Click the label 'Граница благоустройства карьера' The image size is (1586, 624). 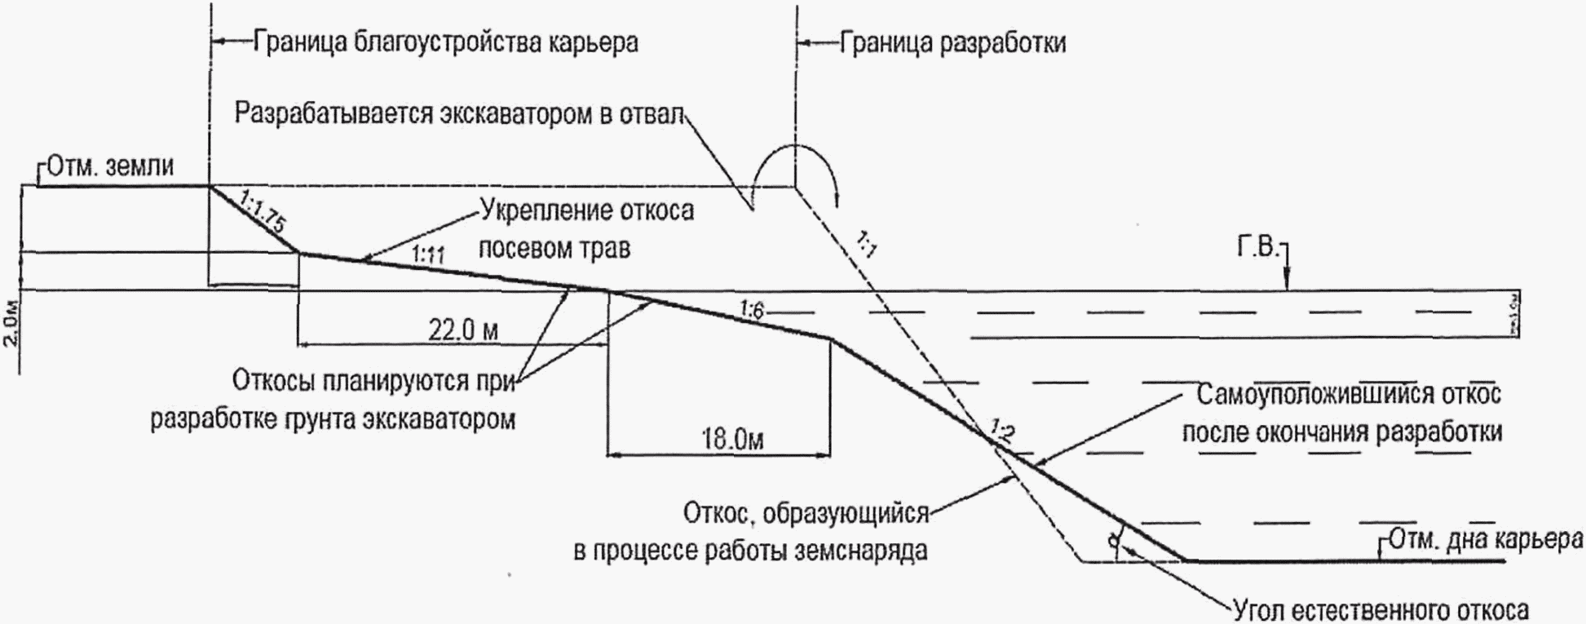445,42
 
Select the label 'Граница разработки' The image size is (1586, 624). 952,42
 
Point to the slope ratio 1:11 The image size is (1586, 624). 427,254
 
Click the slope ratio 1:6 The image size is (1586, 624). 752,309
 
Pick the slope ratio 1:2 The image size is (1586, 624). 1003,430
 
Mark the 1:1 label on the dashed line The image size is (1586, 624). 867,243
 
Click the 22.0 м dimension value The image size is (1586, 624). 463,330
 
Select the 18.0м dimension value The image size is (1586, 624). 732,440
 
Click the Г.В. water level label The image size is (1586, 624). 1257,247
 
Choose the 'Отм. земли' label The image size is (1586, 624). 110,166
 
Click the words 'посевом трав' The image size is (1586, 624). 554,247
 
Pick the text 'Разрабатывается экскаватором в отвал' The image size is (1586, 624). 457,113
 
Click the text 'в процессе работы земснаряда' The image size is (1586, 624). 750,551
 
